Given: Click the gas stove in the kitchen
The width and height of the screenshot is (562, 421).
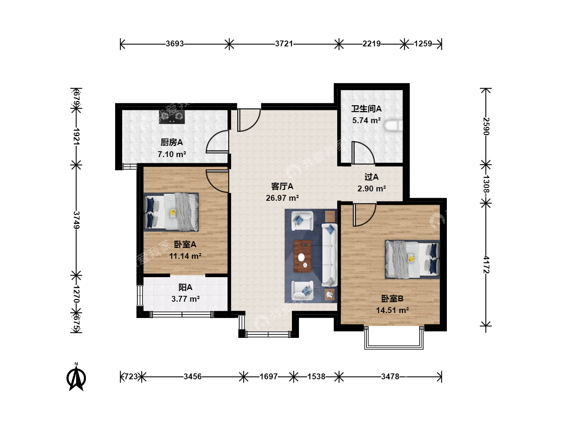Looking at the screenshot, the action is click(x=172, y=117).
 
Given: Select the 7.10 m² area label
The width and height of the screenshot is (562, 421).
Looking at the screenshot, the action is click(x=172, y=154).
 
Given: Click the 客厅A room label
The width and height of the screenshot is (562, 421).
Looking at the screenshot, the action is click(x=282, y=186).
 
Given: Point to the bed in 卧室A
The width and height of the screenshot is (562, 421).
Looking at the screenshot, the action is click(x=171, y=212).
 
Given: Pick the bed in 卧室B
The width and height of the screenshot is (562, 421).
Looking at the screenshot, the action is click(x=413, y=259).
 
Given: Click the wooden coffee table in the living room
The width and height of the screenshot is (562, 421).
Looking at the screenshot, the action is click(x=302, y=256).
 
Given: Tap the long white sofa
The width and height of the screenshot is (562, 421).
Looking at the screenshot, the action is click(x=329, y=255).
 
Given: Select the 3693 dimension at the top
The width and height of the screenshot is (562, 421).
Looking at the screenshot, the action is click(x=174, y=44).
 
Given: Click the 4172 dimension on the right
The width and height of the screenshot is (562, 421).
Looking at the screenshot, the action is click(x=486, y=265).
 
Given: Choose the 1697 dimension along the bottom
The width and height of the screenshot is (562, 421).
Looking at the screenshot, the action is click(x=269, y=377).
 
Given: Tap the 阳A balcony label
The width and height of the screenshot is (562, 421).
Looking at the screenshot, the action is click(x=185, y=287).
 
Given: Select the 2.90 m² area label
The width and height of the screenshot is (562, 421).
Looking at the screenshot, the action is click(x=372, y=188).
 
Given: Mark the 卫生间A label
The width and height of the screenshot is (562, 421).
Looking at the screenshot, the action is click(x=366, y=109).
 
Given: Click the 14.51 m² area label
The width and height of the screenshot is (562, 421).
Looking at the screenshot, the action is click(x=392, y=310).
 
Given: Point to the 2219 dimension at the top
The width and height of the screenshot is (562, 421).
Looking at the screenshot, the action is click(x=372, y=44).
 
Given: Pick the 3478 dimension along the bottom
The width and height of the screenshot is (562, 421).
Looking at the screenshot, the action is click(x=390, y=377).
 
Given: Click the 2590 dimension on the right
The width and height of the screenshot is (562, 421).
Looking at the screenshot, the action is click(x=486, y=126).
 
